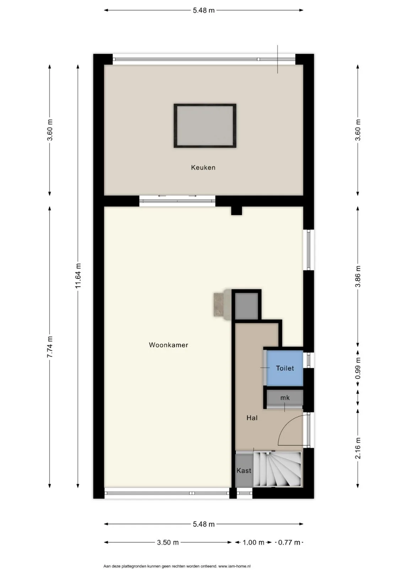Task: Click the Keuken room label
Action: (203, 168)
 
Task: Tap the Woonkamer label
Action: (168, 345)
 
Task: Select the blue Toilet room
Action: (285, 368)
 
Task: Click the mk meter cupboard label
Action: (285, 398)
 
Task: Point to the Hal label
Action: (252, 418)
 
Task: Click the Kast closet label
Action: (244, 470)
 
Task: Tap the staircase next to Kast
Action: (277, 470)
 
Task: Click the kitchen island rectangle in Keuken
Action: (205, 126)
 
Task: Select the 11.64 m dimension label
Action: (78, 276)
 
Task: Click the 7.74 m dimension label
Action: (50, 347)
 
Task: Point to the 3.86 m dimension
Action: (358, 276)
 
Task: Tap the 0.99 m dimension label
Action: (358, 368)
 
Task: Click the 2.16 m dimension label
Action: (358, 448)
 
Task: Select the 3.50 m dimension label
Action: (168, 542)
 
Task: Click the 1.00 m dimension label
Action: (253, 542)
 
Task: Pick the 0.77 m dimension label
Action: (289, 542)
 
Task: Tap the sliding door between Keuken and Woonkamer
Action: (177, 201)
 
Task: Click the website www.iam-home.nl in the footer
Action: (235, 566)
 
